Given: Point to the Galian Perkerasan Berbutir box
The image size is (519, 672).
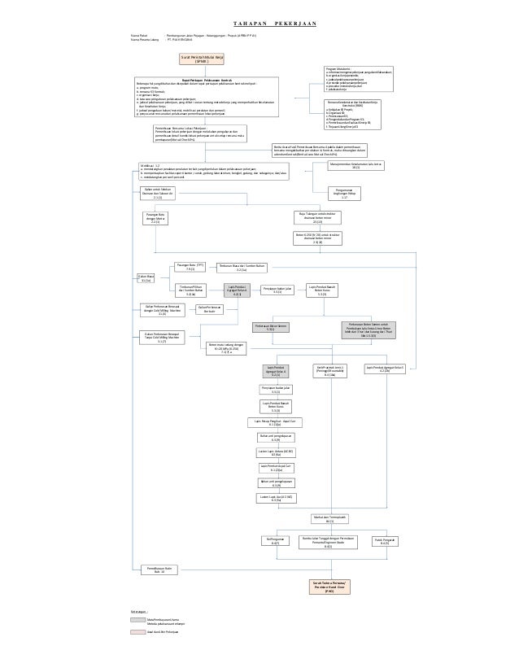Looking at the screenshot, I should pyautogui.click(x=211, y=308).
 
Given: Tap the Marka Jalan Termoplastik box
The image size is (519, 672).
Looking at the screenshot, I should pyautogui.click(x=329, y=518).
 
